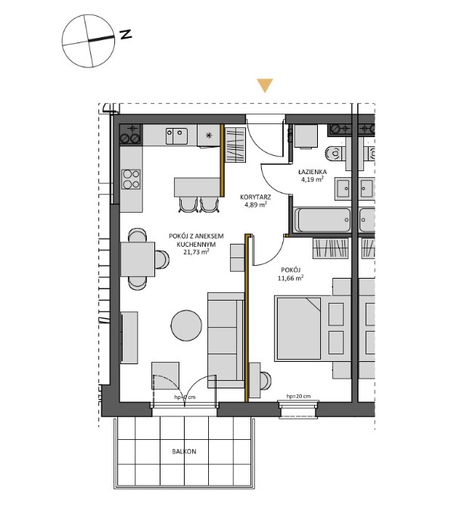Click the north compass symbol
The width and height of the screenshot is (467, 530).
point(89,39)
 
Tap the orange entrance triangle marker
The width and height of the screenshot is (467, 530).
point(263,86)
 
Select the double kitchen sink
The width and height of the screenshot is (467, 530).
point(177,136)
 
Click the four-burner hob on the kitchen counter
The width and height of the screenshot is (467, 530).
point(131,179)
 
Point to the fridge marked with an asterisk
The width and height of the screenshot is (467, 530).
point(209,136)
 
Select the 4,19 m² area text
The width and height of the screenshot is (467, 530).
point(312,180)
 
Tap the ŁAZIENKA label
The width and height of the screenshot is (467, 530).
point(312,172)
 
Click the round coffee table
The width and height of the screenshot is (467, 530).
point(185,326)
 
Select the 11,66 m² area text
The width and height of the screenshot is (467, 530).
point(290,278)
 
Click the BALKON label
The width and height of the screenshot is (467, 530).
point(184,451)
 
